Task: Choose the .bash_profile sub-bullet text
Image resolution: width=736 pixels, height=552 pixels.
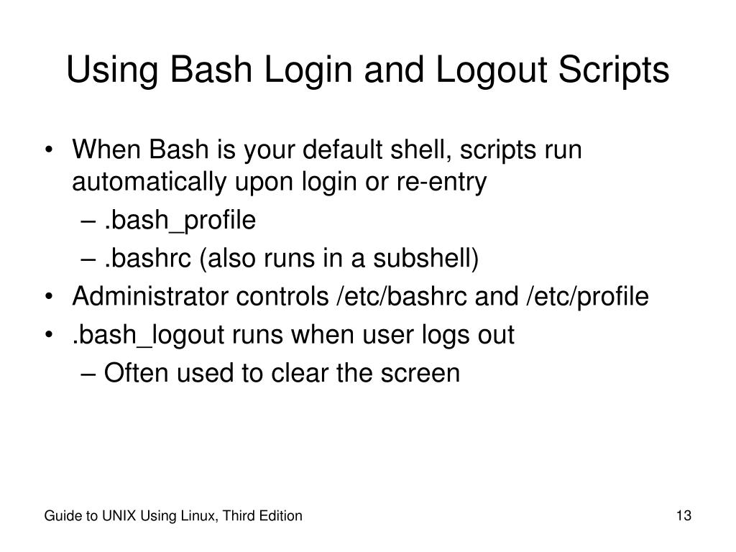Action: [180, 221]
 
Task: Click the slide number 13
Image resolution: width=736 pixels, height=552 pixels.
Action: [683, 516]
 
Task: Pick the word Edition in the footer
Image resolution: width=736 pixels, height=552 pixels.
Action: [280, 516]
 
